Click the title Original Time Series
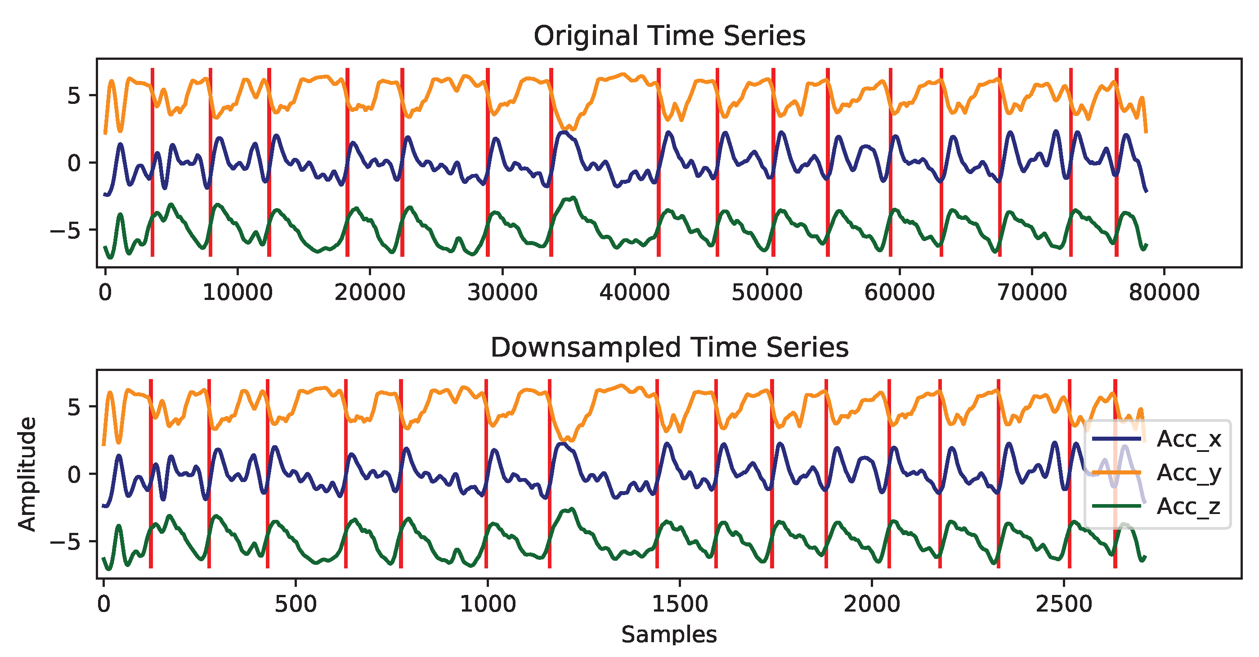[669, 36]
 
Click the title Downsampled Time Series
[669, 347]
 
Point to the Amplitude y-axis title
[27, 474]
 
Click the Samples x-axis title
[669, 635]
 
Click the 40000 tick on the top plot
[634, 292]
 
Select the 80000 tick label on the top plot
[1164, 292]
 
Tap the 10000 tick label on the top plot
[237, 292]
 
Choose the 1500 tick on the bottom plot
[680, 604]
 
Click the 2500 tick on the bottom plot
[1064, 604]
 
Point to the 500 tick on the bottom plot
[296, 604]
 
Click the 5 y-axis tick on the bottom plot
[74, 407]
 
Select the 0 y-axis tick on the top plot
[74, 163]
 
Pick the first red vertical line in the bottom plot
[151, 474]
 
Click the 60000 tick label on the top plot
[899, 292]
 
